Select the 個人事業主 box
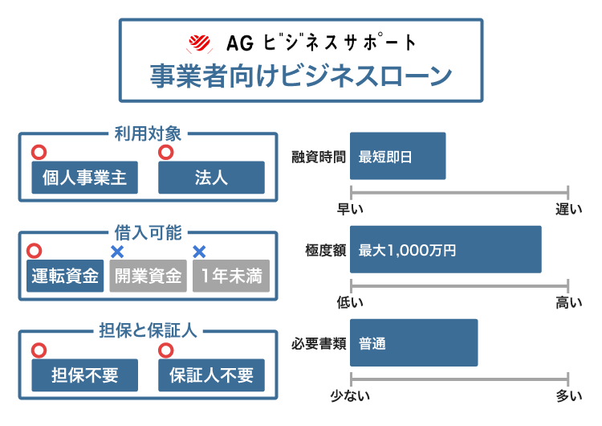pyautogui.click(x=84, y=178)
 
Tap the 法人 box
pyautogui.click(x=211, y=178)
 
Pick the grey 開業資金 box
pyautogui.click(x=147, y=276)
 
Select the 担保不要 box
pyautogui.click(x=84, y=375)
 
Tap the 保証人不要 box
pyautogui.click(x=211, y=375)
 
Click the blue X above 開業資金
pyautogui.click(x=117, y=252)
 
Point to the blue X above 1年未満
pyautogui.click(x=200, y=252)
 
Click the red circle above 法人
pyautogui.click(x=166, y=153)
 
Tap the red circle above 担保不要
pyautogui.click(x=38, y=350)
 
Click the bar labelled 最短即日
pyautogui.click(x=397, y=156)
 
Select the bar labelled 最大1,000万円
pyautogui.click(x=445, y=249)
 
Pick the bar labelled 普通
pyautogui.click(x=413, y=342)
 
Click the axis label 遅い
pyautogui.click(x=568, y=210)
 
